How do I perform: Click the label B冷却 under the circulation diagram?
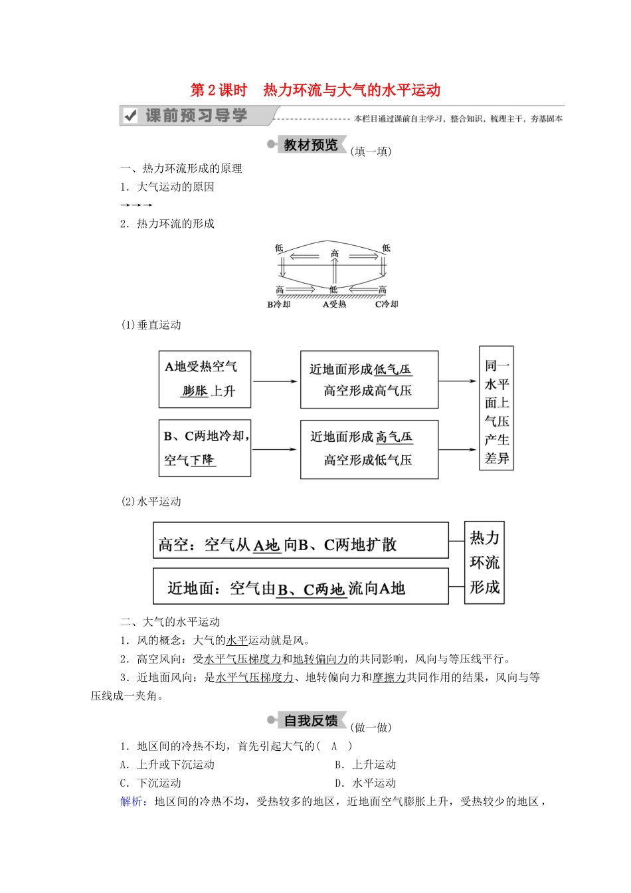[279, 304]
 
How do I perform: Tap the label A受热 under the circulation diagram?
[334, 304]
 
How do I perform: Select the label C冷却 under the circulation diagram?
[387, 304]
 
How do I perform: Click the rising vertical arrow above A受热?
[335, 271]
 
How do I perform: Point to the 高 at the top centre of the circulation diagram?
[335, 253]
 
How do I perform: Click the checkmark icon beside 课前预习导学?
[131, 116]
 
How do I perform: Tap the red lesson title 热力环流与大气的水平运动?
[351, 90]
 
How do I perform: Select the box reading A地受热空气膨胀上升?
[205, 379]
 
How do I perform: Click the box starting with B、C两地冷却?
[205, 448]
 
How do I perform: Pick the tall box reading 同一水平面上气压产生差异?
[496, 408]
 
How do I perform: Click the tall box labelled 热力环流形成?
[484, 562]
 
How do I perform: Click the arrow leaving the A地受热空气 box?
[275, 381]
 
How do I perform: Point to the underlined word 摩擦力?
[389, 678]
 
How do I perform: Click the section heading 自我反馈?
[311, 721]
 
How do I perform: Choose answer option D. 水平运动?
[365, 783]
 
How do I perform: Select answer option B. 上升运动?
[365, 765]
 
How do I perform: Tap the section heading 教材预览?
[311, 145]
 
